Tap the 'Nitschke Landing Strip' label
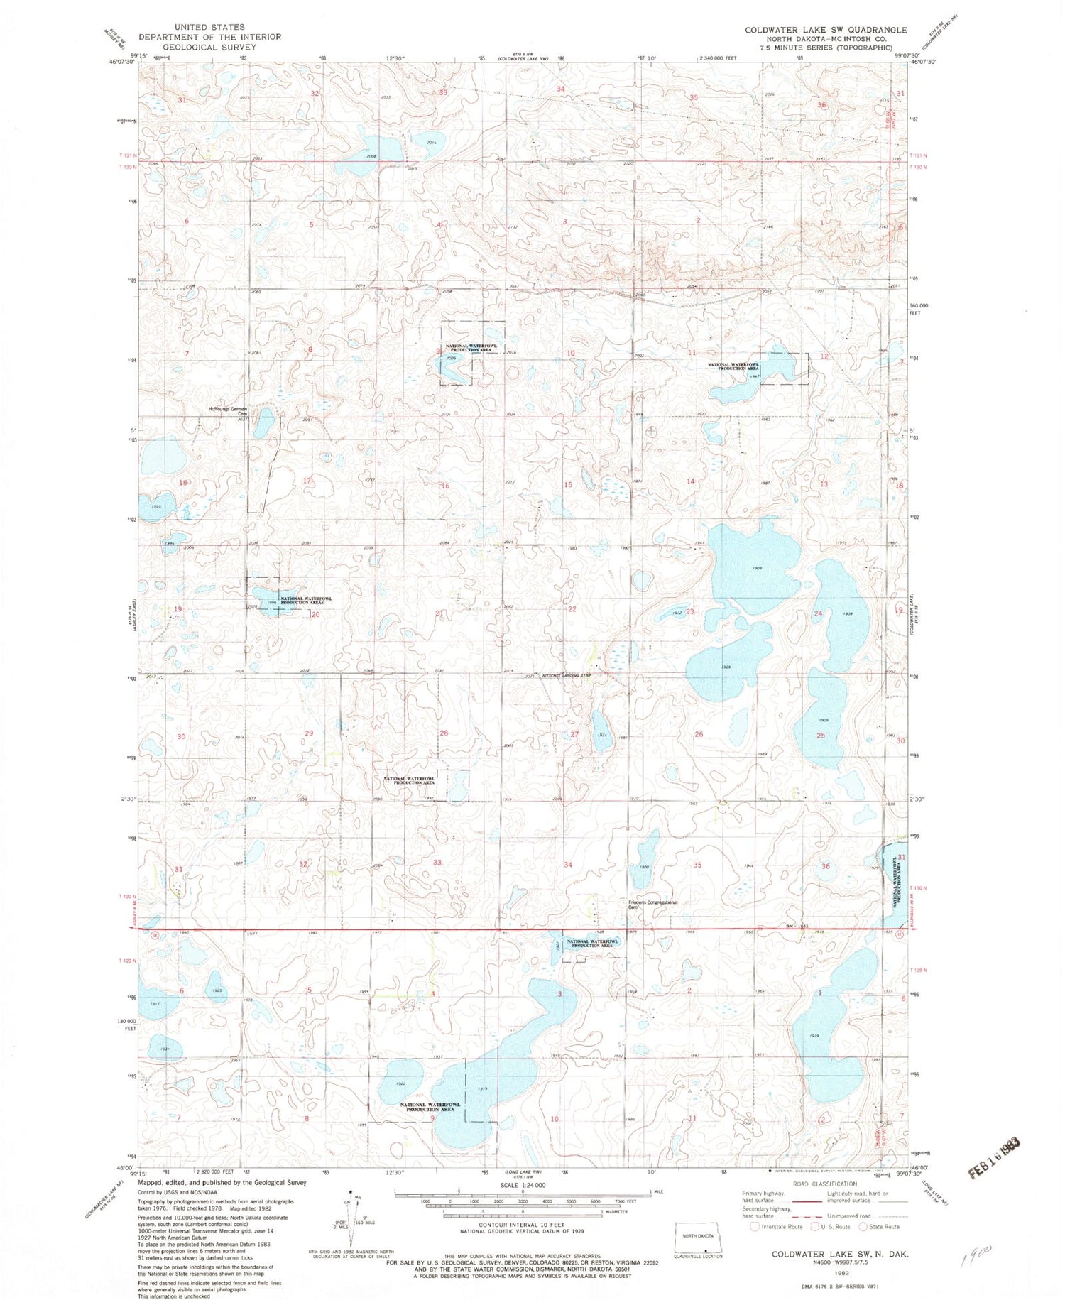click(x=567, y=675)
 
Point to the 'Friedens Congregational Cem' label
click(x=652, y=904)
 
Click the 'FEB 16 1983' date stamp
click(x=995, y=1159)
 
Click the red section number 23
click(x=689, y=611)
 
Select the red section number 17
click(x=307, y=481)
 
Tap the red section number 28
click(x=444, y=733)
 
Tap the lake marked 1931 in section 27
click(x=600, y=731)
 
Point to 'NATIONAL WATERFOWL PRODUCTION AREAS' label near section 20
click(x=305, y=600)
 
